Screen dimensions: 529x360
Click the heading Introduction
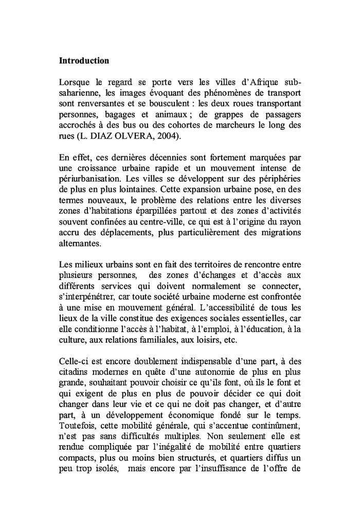coord(84,61)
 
